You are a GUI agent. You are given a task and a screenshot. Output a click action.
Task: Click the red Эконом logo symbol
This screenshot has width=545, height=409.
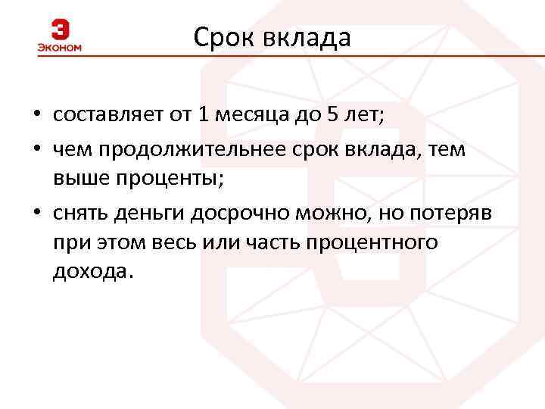60,30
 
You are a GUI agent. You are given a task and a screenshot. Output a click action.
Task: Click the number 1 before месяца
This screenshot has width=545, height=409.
202,115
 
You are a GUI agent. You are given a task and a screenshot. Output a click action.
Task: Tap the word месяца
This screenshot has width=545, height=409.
250,115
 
